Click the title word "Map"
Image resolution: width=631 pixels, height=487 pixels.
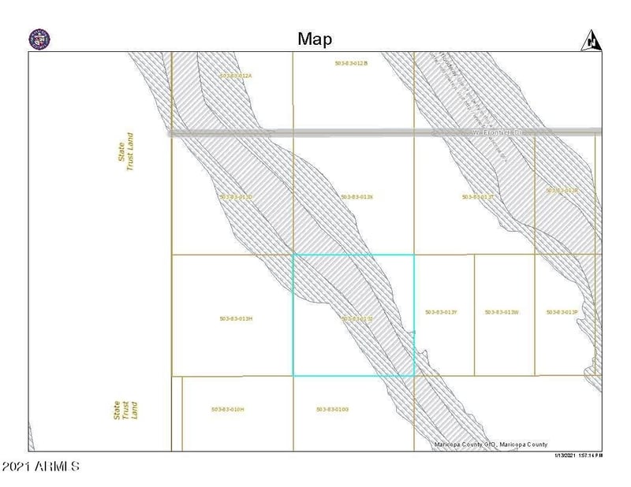(x=315, y=39)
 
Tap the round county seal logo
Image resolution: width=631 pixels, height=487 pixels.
(x=39, y=39)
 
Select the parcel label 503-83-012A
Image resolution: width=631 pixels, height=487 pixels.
(x=235, y=76)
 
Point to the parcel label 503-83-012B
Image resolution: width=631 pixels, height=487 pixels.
(x=352, y=62)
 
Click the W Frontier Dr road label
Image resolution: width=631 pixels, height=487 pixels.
(x=497, y=132)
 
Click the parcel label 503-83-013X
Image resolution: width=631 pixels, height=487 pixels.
(x=357, y=196)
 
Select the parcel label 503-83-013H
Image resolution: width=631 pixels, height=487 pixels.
(x=235, y=318)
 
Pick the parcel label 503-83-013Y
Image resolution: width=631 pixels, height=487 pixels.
(x=441, y=312)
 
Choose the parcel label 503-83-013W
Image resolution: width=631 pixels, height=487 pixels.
(x=502, y=312)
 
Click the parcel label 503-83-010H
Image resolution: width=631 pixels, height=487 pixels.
(x=228, y=409)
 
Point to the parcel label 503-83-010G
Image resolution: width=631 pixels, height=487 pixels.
(x=332, y=409)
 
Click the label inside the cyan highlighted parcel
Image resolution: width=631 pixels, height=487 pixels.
(x=357, y=318)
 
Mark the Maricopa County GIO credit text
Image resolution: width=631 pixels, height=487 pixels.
(x=491, y=444)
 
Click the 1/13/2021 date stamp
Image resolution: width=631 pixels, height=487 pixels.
(x=579, y=455)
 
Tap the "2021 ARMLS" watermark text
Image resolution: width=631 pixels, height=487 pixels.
(x=40, y=467)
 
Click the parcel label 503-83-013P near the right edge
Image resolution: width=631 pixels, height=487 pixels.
(x=562, y=312)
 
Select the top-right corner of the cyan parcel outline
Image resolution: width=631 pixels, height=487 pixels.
(x=414, y=255)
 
